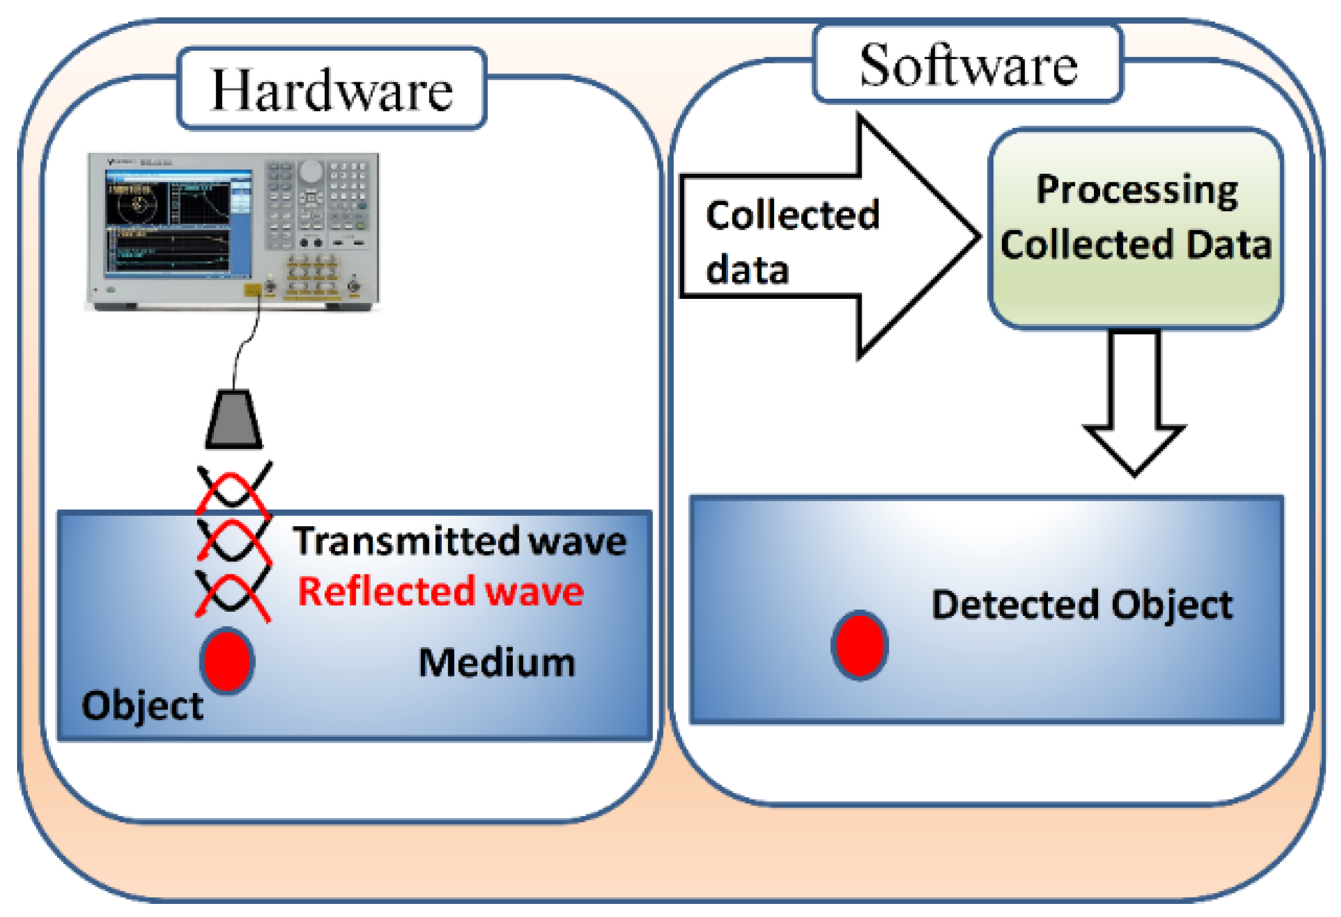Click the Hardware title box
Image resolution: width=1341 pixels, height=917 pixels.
coord(332,89)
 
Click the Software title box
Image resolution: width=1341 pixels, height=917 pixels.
coord(967,65)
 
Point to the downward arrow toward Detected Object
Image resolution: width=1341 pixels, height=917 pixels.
coord(1134,404)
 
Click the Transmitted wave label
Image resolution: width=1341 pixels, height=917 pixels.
coord(459,541)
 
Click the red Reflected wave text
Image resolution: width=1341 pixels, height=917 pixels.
coord(440,591)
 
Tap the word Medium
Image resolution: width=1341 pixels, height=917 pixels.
coord(496,662)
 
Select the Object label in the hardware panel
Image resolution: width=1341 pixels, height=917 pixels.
coord(142,705)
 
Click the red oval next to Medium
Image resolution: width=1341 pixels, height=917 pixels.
coord(227,661)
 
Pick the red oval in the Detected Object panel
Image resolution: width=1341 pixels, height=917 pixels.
coord(859,645)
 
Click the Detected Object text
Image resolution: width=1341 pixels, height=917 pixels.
coord(1082,605)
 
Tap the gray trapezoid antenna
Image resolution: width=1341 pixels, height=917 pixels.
coord(233,419)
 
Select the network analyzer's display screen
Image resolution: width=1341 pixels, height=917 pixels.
coord(178,222)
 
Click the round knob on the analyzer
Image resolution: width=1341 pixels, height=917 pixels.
coord(311,172)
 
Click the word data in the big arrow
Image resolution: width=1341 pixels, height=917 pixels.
coord(747,269)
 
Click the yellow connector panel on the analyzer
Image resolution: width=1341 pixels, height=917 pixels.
coord(312,277)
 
